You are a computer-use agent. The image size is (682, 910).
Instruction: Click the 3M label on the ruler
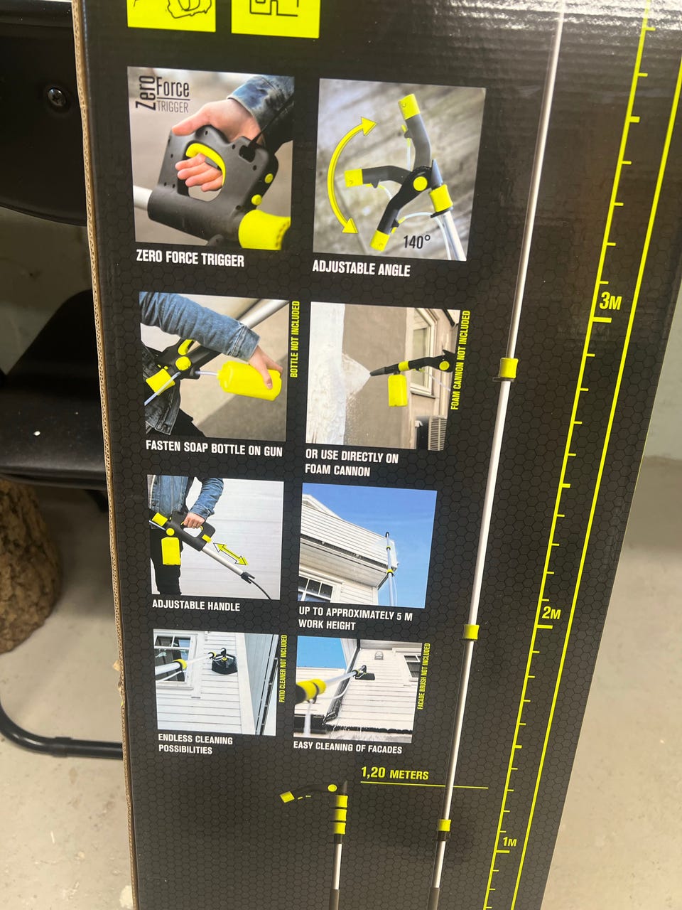pyautogui.click(x=610, y=301)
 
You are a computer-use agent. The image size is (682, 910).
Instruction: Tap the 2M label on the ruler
pyautogui.click(x=551, y=613)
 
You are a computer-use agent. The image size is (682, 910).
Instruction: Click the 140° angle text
pyautogui.click(x=416, y=242)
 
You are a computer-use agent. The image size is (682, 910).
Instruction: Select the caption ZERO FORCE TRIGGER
pyautogui.click(x=190, y=258)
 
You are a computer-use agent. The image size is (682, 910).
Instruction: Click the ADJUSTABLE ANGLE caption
pyautogui.click(x=361, y=268)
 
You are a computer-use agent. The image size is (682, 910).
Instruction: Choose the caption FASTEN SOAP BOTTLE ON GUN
pyautogui.click(x=214, y=449)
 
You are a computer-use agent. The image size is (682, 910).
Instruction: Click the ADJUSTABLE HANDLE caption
pyautogui.click(x=196, y=605)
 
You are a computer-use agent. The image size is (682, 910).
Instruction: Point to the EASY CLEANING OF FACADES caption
pyautogui.click(x=347, y=747)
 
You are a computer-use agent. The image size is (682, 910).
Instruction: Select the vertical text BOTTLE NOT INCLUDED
pyautogui.click(x=294, y=339)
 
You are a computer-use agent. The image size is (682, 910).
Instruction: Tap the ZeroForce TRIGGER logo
pyautogui.click(x=162, y=94)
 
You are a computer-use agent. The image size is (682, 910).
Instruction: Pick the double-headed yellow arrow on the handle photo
pyautogui.click(x=231, y=554)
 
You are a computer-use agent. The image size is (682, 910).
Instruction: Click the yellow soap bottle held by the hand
pyautogui.click(x=249, y=380)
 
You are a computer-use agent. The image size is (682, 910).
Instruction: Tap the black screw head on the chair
pyautogui.click(x=57, y=97)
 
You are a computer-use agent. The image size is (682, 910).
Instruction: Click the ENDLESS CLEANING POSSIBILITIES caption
pyautogui.click(x=195, y=744)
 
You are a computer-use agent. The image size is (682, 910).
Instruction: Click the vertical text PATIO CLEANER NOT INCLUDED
pyautogui.click(x=283, y=668)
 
